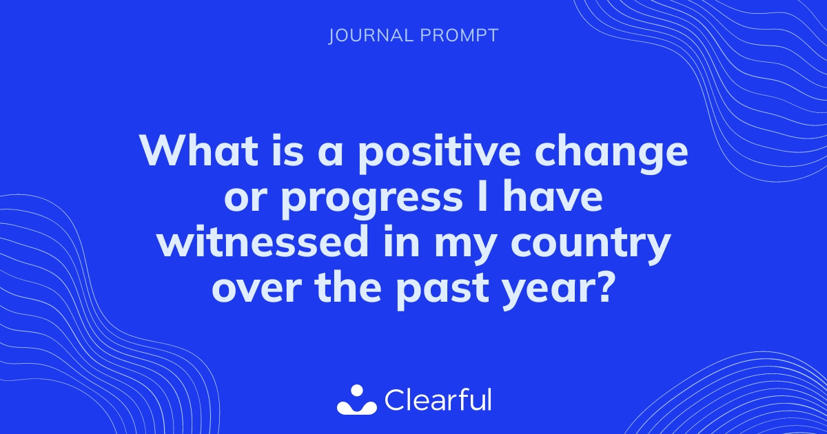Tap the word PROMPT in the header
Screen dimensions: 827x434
(459, 36)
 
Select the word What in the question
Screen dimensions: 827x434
(198, 151)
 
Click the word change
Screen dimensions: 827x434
(611, 154)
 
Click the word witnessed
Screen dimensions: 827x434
(261, 241)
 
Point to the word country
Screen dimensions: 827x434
(591, 245)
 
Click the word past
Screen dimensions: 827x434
(442, 291)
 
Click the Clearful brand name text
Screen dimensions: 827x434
(438, 400)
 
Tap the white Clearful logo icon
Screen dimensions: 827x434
(357, 400)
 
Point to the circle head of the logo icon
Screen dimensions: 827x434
(357, 392)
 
